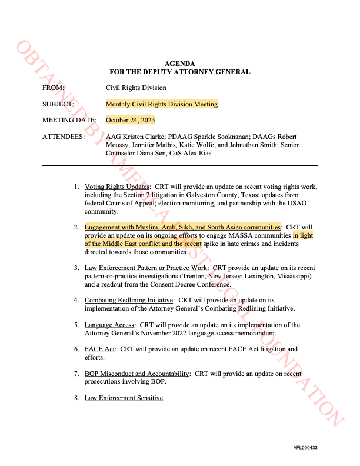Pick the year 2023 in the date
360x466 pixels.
(x=148, y=120)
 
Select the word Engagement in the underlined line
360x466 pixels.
(x=101, y=227)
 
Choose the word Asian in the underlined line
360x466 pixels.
(x=234, y=227)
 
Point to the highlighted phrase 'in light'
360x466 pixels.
(x=303, y=235)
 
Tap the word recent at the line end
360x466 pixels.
(x=194, y=244)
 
